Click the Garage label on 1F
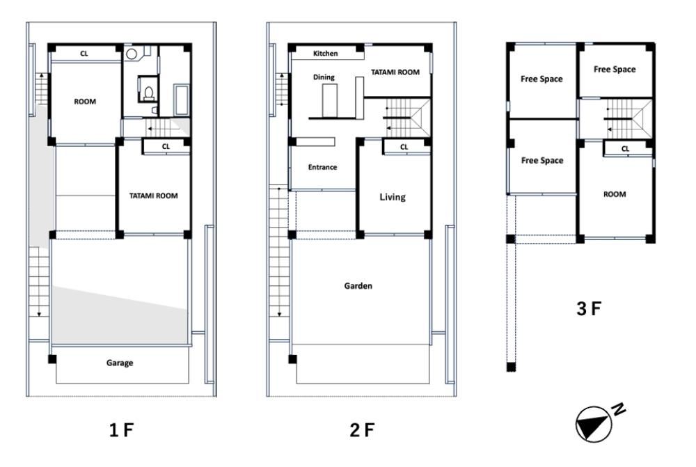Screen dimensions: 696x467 coord(120,363)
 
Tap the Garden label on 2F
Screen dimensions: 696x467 coord(358,286)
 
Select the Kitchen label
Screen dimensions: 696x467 coord(325,54)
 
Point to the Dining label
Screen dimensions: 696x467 coord(324,77)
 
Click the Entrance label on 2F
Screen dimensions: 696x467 coord(322,167)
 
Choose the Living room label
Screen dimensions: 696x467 coord(393,197)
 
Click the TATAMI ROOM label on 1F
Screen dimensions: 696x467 coord(154,196)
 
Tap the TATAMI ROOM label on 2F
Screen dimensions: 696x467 coord(395,72)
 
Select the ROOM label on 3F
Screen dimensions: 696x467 coord(615,194)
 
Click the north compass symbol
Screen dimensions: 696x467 coord(594,425)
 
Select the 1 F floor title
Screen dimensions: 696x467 coord(121,430)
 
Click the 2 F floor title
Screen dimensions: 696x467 coord(362,430)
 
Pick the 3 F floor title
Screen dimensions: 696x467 coord(589,309)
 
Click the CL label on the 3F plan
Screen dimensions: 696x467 coord(625,149)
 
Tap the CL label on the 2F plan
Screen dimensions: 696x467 coord(404,147)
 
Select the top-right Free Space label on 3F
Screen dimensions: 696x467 coord(615,70)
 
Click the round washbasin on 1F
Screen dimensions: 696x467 coord(131,54)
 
